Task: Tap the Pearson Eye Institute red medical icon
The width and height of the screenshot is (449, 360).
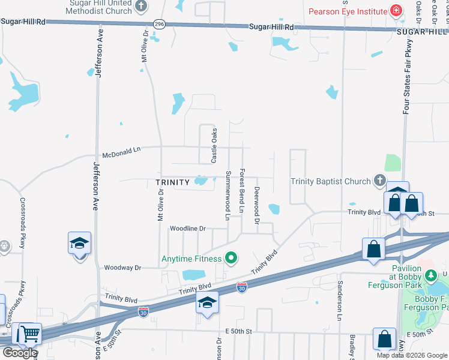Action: point(396,10)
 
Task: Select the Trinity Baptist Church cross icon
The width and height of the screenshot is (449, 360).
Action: point(379,179)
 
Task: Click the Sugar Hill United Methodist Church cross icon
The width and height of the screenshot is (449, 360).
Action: point(141,7)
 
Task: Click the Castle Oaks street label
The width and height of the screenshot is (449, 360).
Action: point(214,146)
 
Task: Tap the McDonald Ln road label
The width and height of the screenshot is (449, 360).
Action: point(120,151)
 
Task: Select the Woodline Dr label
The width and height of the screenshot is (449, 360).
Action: point(187,229)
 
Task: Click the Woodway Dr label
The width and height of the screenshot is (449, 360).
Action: point(122,268)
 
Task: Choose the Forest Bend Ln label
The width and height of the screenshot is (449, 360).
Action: point(243,190)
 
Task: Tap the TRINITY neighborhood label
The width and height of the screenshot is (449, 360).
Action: point(172,182)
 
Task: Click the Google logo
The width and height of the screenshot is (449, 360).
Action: point(19,353)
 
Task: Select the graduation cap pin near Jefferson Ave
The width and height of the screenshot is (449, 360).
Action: point(79,243)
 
